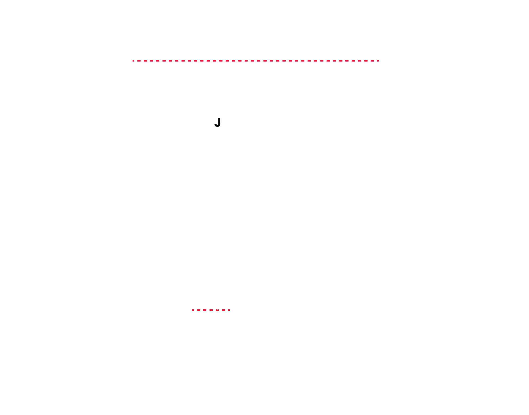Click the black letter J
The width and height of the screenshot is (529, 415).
[218, 123]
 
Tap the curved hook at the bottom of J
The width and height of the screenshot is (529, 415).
[216, 126]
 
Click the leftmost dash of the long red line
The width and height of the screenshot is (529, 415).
[133, 61]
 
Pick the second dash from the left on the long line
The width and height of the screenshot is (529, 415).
[139, 61]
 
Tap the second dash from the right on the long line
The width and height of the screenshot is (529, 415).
[372, 61]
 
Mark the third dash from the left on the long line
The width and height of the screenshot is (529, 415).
[145, 61]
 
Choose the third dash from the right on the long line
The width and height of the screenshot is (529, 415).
[366, 61]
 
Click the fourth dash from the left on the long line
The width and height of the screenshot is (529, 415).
[151, 61]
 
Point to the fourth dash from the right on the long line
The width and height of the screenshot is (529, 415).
[360, 61]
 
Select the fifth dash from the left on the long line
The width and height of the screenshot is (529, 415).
[158, 61]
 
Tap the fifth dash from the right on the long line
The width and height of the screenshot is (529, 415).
[353, 61]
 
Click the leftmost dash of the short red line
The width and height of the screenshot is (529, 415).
[193, 310]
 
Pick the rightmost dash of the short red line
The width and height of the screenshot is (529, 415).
[229, 310]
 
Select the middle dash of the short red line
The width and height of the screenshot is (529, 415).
[211, 310]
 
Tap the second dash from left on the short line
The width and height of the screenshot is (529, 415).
[199, 310]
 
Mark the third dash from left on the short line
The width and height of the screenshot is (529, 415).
[205, 310]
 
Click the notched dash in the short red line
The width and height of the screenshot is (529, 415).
[217, 310]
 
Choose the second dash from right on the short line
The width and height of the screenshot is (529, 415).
[224, 310]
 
